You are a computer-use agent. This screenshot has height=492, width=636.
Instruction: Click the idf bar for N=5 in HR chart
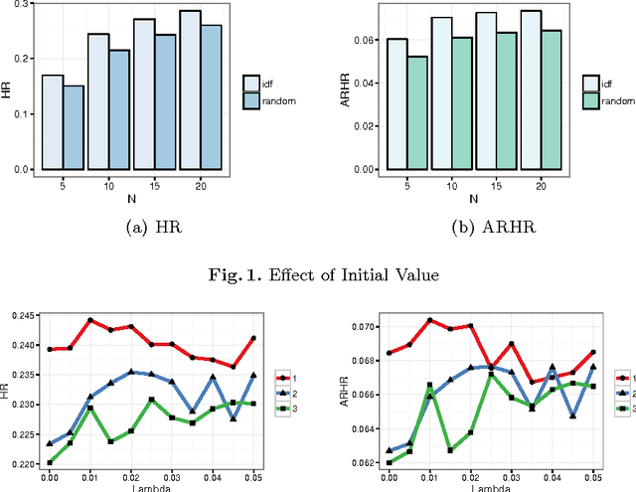coord(53,122)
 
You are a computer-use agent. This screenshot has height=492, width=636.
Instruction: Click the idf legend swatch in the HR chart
coord(253,83)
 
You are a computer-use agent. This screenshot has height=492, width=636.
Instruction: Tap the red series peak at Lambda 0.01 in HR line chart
coord(90,320)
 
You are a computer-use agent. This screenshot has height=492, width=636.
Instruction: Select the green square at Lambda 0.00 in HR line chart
coord(49,462)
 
